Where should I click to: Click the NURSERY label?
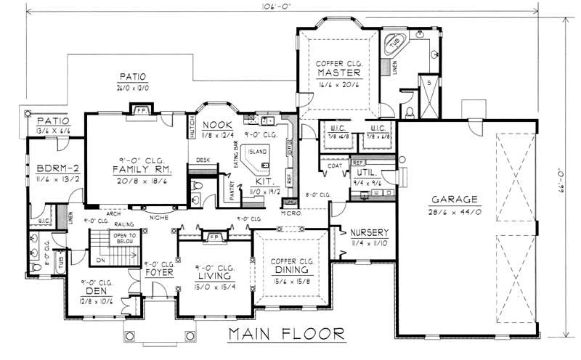pyautogui.click(x=369, y=232)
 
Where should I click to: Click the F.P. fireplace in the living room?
pyautogui.click(x=214, y=237)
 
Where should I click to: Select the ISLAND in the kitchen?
pyautogui.click(x=258, y=152)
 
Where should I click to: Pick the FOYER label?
pyautogui.click(x=158, y=274)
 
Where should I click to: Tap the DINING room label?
pyautogui.click(x=289, y=270)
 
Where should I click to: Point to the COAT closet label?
pyautogui.click(x=335, y=165)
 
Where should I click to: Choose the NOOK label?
pyautogui.click(x=216, y=124)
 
